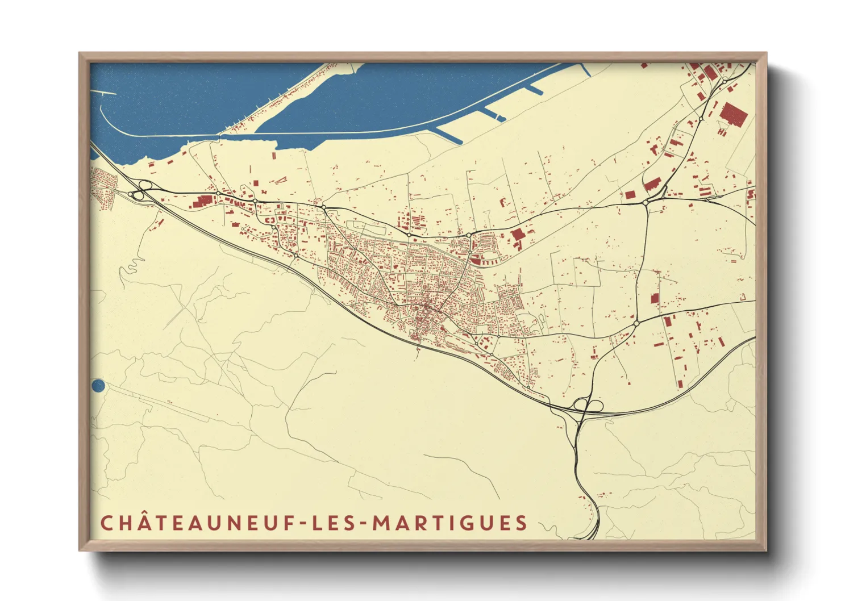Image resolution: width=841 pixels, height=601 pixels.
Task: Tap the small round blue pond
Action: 98,386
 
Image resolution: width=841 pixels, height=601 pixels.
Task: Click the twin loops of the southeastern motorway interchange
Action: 588,405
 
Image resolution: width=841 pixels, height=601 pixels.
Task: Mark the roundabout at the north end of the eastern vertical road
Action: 646,202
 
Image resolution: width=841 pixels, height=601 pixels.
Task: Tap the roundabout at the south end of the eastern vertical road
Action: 636,323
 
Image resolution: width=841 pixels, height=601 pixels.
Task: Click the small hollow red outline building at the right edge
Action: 743,296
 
